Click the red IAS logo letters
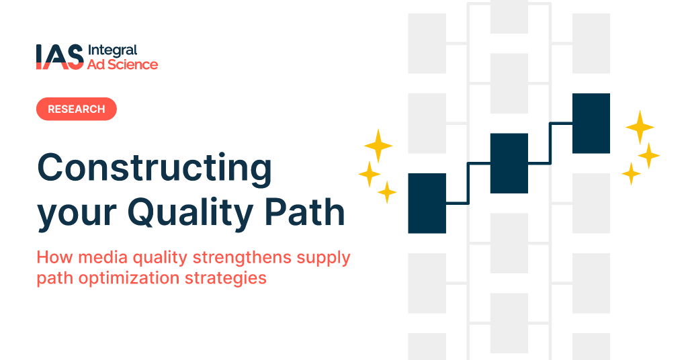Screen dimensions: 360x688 [x=59, y=57]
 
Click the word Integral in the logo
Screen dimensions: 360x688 [x=112, y=50]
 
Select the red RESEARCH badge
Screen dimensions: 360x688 [x=76, y=109]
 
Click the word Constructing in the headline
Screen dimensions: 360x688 [x=155, y=168]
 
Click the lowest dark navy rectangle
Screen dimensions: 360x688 [x=427, y=203]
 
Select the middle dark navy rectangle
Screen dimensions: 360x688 [x=509, y=163]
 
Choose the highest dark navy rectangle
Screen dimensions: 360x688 [x=591, y=124]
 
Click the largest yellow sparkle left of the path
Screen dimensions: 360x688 [x=378, y=145]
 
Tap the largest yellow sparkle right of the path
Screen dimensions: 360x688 [x=640, y=127]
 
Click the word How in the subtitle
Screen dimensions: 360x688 [x=50, y=258]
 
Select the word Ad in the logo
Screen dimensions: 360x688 [x=95, y=64]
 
